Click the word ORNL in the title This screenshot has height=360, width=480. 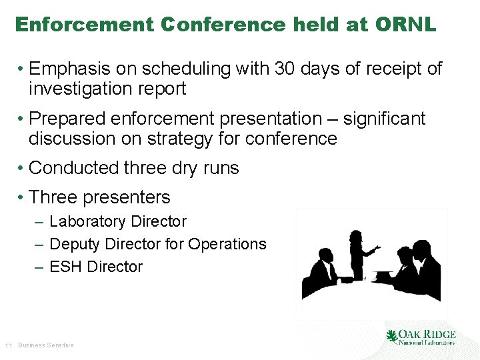click(405, 25)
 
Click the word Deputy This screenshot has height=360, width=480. click(77, 244)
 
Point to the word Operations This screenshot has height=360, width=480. click(227, 244)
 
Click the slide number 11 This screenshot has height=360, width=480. click(9, 345)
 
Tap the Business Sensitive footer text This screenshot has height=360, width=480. click(46, 345)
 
